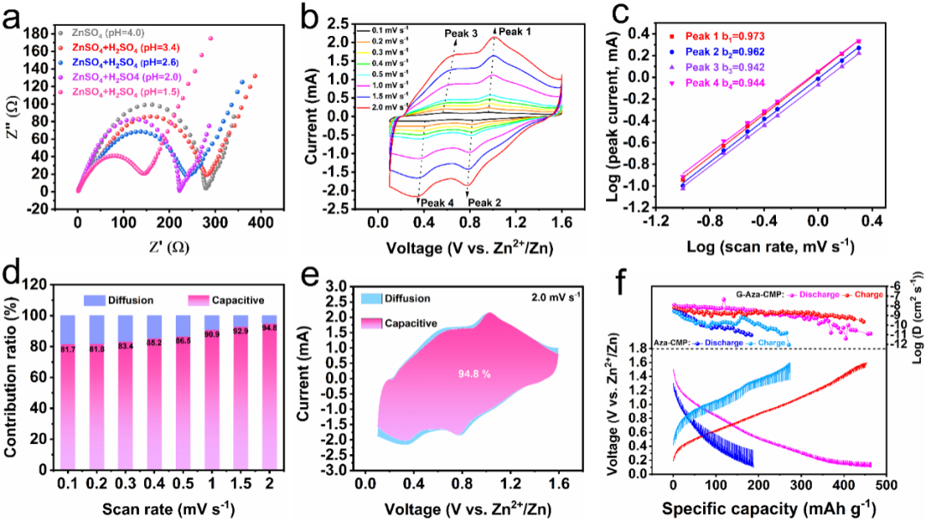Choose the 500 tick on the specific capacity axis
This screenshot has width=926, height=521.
pyautogui.click(x=886, y=485)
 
